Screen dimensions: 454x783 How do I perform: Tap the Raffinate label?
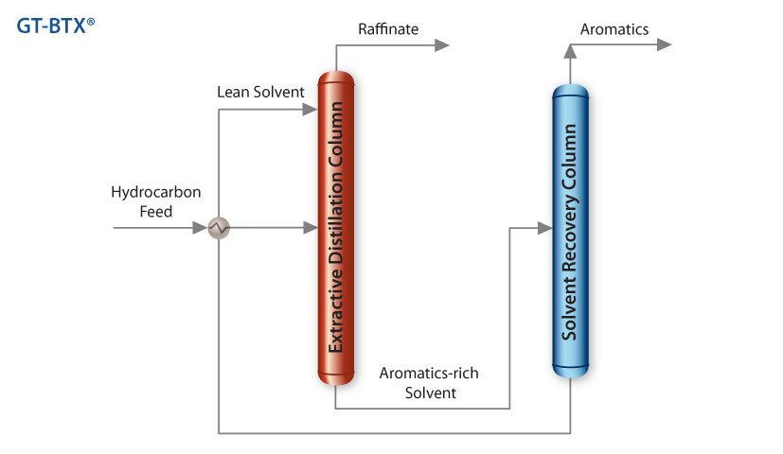pos(388,29)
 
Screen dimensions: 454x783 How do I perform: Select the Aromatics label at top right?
pos(614,29)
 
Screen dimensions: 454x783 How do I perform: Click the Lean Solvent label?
pos(260,92)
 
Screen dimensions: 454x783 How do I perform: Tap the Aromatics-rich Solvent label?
pos(429,382)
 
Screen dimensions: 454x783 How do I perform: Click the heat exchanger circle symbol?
pos(219,228)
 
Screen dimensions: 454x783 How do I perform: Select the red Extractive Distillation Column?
pos(335,227)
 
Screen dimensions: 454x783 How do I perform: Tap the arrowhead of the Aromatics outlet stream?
pos(663,44)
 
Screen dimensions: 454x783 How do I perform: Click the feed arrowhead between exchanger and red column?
pos(309,228)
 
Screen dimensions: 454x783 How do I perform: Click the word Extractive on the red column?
pos(335,317)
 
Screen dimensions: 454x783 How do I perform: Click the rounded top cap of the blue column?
pos(570,92)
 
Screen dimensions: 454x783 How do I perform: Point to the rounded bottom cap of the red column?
pos(335,375)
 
